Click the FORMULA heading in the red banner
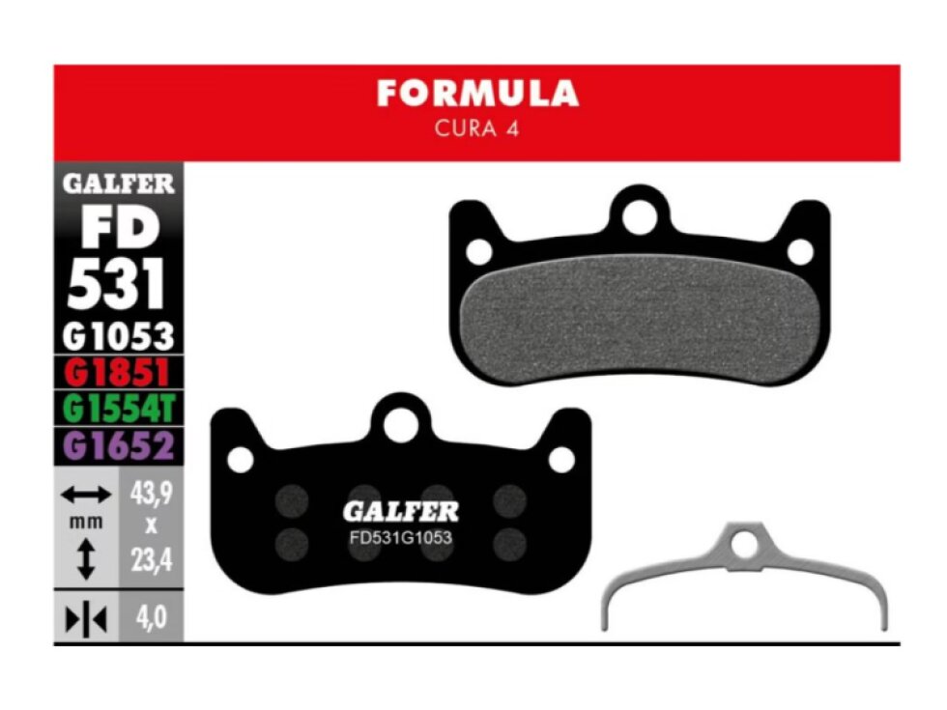point(477,94)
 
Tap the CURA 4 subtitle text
point(476,128)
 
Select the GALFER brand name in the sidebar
point(118,184)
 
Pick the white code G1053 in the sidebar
point(118,336)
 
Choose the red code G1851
point(117,373)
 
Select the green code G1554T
point(118,408)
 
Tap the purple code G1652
point(118,445)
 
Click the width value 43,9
point(151,494)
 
